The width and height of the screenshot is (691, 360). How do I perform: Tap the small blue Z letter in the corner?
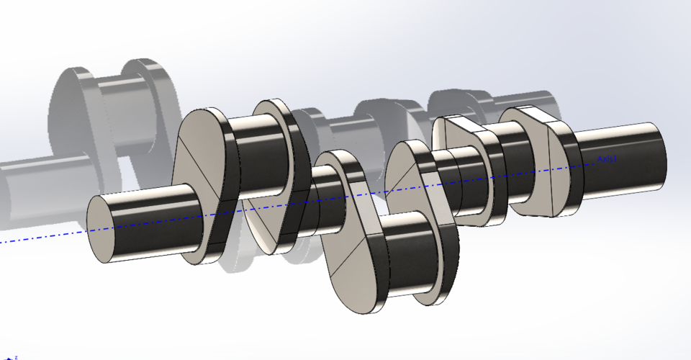coord(15,356)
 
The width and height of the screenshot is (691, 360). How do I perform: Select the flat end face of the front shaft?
coord(104,228)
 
